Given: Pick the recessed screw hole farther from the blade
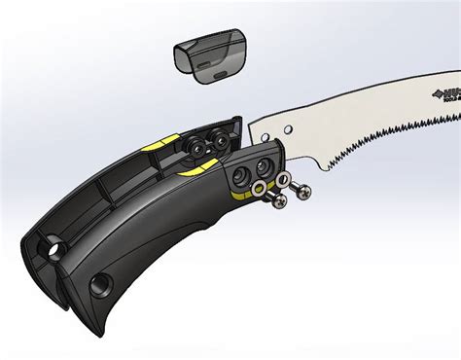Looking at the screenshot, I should pos(235,178).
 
